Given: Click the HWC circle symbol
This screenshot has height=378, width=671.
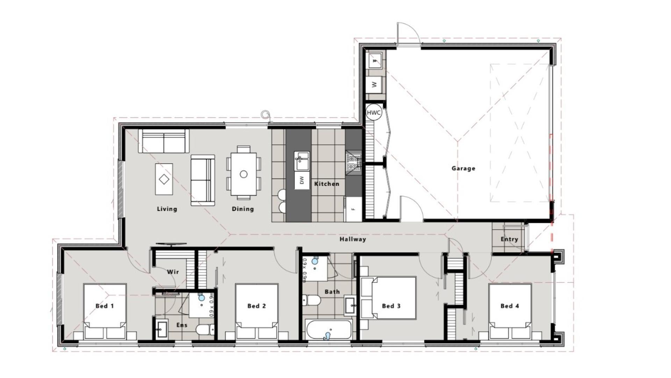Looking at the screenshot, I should pyautogui.click(x=374, y=113).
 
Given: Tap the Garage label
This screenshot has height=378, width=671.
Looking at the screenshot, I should pyautogui.click(x=463, y=168).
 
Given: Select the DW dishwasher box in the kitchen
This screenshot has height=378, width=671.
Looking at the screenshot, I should pyautogui.click(x=302, y=180).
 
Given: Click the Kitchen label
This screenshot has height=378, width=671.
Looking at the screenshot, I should pyautogui.click(x=326, y=184).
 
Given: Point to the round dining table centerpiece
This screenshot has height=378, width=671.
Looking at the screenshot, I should pyautogui.click(x=244, y=174).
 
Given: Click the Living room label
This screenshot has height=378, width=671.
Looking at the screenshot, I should pyautogui.click(x=167, y=209).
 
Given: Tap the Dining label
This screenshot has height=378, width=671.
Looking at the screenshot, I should pyautogui.click(x=243, y=209).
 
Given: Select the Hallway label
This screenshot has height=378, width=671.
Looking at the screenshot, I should pyautogui.click(x=353, y=239).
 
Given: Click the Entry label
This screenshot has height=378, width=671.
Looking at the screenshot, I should pyautogui.click(x=509, y=239).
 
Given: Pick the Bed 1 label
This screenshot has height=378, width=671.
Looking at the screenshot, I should pyautogui.click(x=104, y=306).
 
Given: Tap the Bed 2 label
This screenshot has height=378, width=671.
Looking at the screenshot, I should pyautogui.click(x=257, y=306).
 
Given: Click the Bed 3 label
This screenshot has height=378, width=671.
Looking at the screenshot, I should pyautogui.click(x=391, y=306).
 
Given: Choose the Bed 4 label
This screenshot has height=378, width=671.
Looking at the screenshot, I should pyautogui.click(x=510, y=306).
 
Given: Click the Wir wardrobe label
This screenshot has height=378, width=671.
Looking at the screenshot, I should pyautogui.click(x=173, y=272).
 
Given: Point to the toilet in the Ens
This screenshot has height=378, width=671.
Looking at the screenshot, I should pyautogui.click(x=204, y=329).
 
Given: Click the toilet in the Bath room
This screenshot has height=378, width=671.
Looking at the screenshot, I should pyautogui.click(x=311, y=300).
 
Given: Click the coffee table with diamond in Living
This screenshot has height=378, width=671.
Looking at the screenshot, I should pyautogui.click(x=164, y=179).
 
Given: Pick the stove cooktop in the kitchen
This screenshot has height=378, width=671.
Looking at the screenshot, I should pyautogui.click(x=353, y=162).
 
